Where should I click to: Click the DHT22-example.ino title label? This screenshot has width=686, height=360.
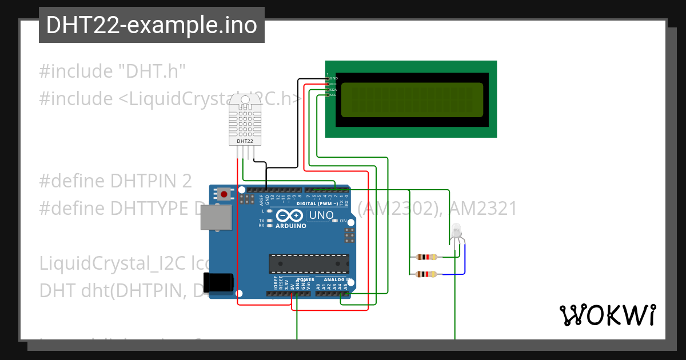tap(151, 25)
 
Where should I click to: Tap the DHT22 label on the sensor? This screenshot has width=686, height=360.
tap(245, 141)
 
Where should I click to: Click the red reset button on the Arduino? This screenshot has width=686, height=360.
tap(224, 194)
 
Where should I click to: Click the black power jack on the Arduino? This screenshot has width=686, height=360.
tap(218, 282)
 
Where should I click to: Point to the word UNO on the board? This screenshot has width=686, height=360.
tap(321, 215)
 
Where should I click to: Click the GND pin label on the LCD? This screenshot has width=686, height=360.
tap(333, 78)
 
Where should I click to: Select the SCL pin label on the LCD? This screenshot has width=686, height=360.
tap(333, 95)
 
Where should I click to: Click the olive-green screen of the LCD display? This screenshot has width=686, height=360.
tap(412, 98)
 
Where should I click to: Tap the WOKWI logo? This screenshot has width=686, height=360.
tap(607, 315)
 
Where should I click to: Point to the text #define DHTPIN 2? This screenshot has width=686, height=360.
tap(115, 181)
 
